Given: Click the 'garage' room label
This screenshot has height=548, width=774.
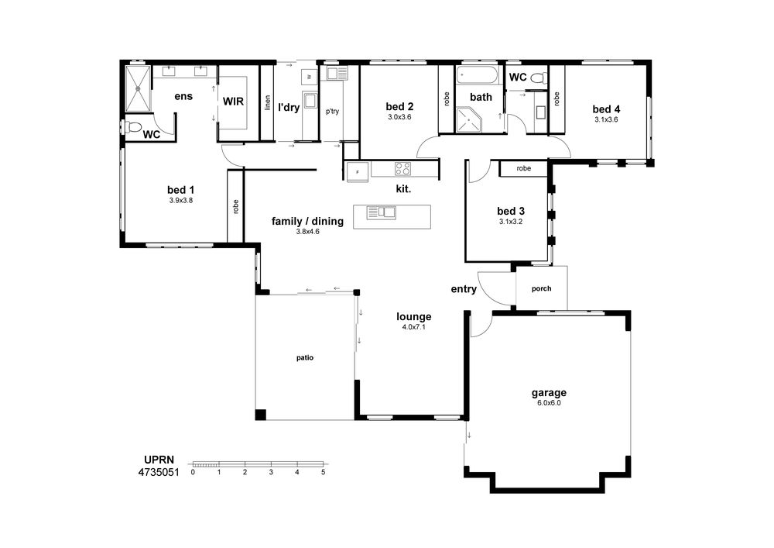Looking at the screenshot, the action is point(549,393).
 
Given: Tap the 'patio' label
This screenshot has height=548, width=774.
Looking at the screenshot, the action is point(304,358).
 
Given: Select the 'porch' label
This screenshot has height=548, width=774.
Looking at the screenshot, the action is point(542,288).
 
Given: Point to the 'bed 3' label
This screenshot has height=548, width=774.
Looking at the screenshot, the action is point(510,211).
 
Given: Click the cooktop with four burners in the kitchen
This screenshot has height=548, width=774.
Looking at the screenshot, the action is point(402,168).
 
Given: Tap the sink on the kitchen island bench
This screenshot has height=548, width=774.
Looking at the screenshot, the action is point(381,213).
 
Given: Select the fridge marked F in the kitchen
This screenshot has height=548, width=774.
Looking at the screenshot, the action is point(358,172).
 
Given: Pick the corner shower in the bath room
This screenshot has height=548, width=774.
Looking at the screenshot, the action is point(467,120).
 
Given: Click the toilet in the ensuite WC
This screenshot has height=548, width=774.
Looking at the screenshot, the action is point(133,127).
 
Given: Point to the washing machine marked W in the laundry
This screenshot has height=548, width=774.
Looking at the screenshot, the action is point(310,77).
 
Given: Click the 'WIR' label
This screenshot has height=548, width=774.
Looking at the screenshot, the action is point(233,102).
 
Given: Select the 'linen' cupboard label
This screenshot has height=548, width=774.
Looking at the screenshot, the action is point(268,102).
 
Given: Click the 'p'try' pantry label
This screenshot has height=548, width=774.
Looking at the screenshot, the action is point(332,111).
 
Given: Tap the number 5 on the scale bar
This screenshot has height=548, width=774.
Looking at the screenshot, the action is point(324,472).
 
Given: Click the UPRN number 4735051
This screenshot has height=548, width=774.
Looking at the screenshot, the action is point(159,472).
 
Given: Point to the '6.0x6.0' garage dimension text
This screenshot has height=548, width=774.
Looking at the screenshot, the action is point(549,403).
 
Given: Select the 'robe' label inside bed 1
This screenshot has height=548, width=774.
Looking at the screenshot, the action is point(235,206).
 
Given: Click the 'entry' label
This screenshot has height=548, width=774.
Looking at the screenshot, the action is point(464,289).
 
